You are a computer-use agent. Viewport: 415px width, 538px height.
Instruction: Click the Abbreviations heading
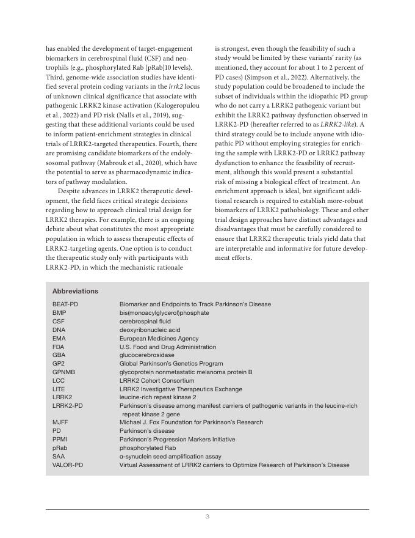tap(75, 292)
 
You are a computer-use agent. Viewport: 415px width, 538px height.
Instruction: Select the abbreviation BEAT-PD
tap(65, 304)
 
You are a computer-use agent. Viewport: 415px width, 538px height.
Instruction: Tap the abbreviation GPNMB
tap(63, 372)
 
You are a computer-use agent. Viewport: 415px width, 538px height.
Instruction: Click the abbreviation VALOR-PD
tap(68, 465)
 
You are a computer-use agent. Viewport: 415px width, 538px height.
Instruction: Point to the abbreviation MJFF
tap(60, 422)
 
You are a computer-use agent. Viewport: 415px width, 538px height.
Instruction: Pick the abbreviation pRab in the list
tap(60, 448)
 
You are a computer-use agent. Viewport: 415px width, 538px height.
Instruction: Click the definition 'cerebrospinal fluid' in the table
tap(145, 321)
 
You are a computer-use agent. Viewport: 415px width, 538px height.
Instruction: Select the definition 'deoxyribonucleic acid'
tap(150, 330)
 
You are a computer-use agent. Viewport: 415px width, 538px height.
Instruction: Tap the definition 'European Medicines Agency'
tap(159, 338)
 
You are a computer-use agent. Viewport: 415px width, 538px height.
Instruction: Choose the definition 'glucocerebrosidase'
tap(146, 355)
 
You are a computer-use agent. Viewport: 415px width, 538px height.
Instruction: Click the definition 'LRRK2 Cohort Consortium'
tap(157, 380)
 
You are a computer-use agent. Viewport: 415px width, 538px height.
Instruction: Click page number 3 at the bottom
tap(208, 517)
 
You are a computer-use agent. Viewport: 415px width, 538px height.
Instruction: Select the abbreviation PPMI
tap(60, 439)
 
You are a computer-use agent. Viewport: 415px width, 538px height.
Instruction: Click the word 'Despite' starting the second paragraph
tap(72, 191)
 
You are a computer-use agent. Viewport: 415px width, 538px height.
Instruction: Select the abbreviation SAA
tap(59, 456)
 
